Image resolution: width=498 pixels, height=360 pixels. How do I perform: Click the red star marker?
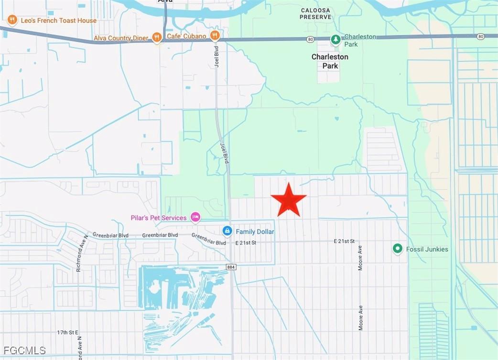tap(288, 200)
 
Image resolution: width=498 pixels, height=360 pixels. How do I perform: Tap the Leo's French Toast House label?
tap(58, 21)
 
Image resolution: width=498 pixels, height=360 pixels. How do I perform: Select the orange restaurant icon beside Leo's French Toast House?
tap(12, 20)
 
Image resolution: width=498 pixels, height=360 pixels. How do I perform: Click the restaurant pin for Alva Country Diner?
tap(157, 38)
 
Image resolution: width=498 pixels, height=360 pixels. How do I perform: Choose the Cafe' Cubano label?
tap(186, 36)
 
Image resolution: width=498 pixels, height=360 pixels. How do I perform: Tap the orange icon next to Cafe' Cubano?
tap(215, 35)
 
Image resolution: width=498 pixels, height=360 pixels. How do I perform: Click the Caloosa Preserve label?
tap(315, 13)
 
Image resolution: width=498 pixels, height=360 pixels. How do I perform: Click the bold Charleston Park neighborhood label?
tap(330, 61)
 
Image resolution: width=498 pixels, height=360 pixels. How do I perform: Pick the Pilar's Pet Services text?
tap(159, 218)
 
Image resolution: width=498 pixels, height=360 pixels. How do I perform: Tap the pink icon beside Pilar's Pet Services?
tap(195, 218)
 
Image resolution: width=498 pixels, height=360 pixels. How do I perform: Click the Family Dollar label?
tap(255, 232)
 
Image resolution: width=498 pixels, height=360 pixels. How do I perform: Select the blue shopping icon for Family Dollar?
tap(227, 231)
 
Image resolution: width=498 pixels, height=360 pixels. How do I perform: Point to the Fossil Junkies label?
tap(427, 249)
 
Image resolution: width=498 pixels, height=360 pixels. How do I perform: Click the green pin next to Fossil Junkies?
tap(397, 249)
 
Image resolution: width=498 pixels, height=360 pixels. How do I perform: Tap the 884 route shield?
tap(231, 267)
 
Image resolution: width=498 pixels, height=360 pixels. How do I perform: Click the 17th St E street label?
tap(67, 332)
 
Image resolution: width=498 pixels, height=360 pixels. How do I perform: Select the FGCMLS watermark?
tap(23, 350)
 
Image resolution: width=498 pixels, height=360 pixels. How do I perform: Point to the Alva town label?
tap(165, 1)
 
